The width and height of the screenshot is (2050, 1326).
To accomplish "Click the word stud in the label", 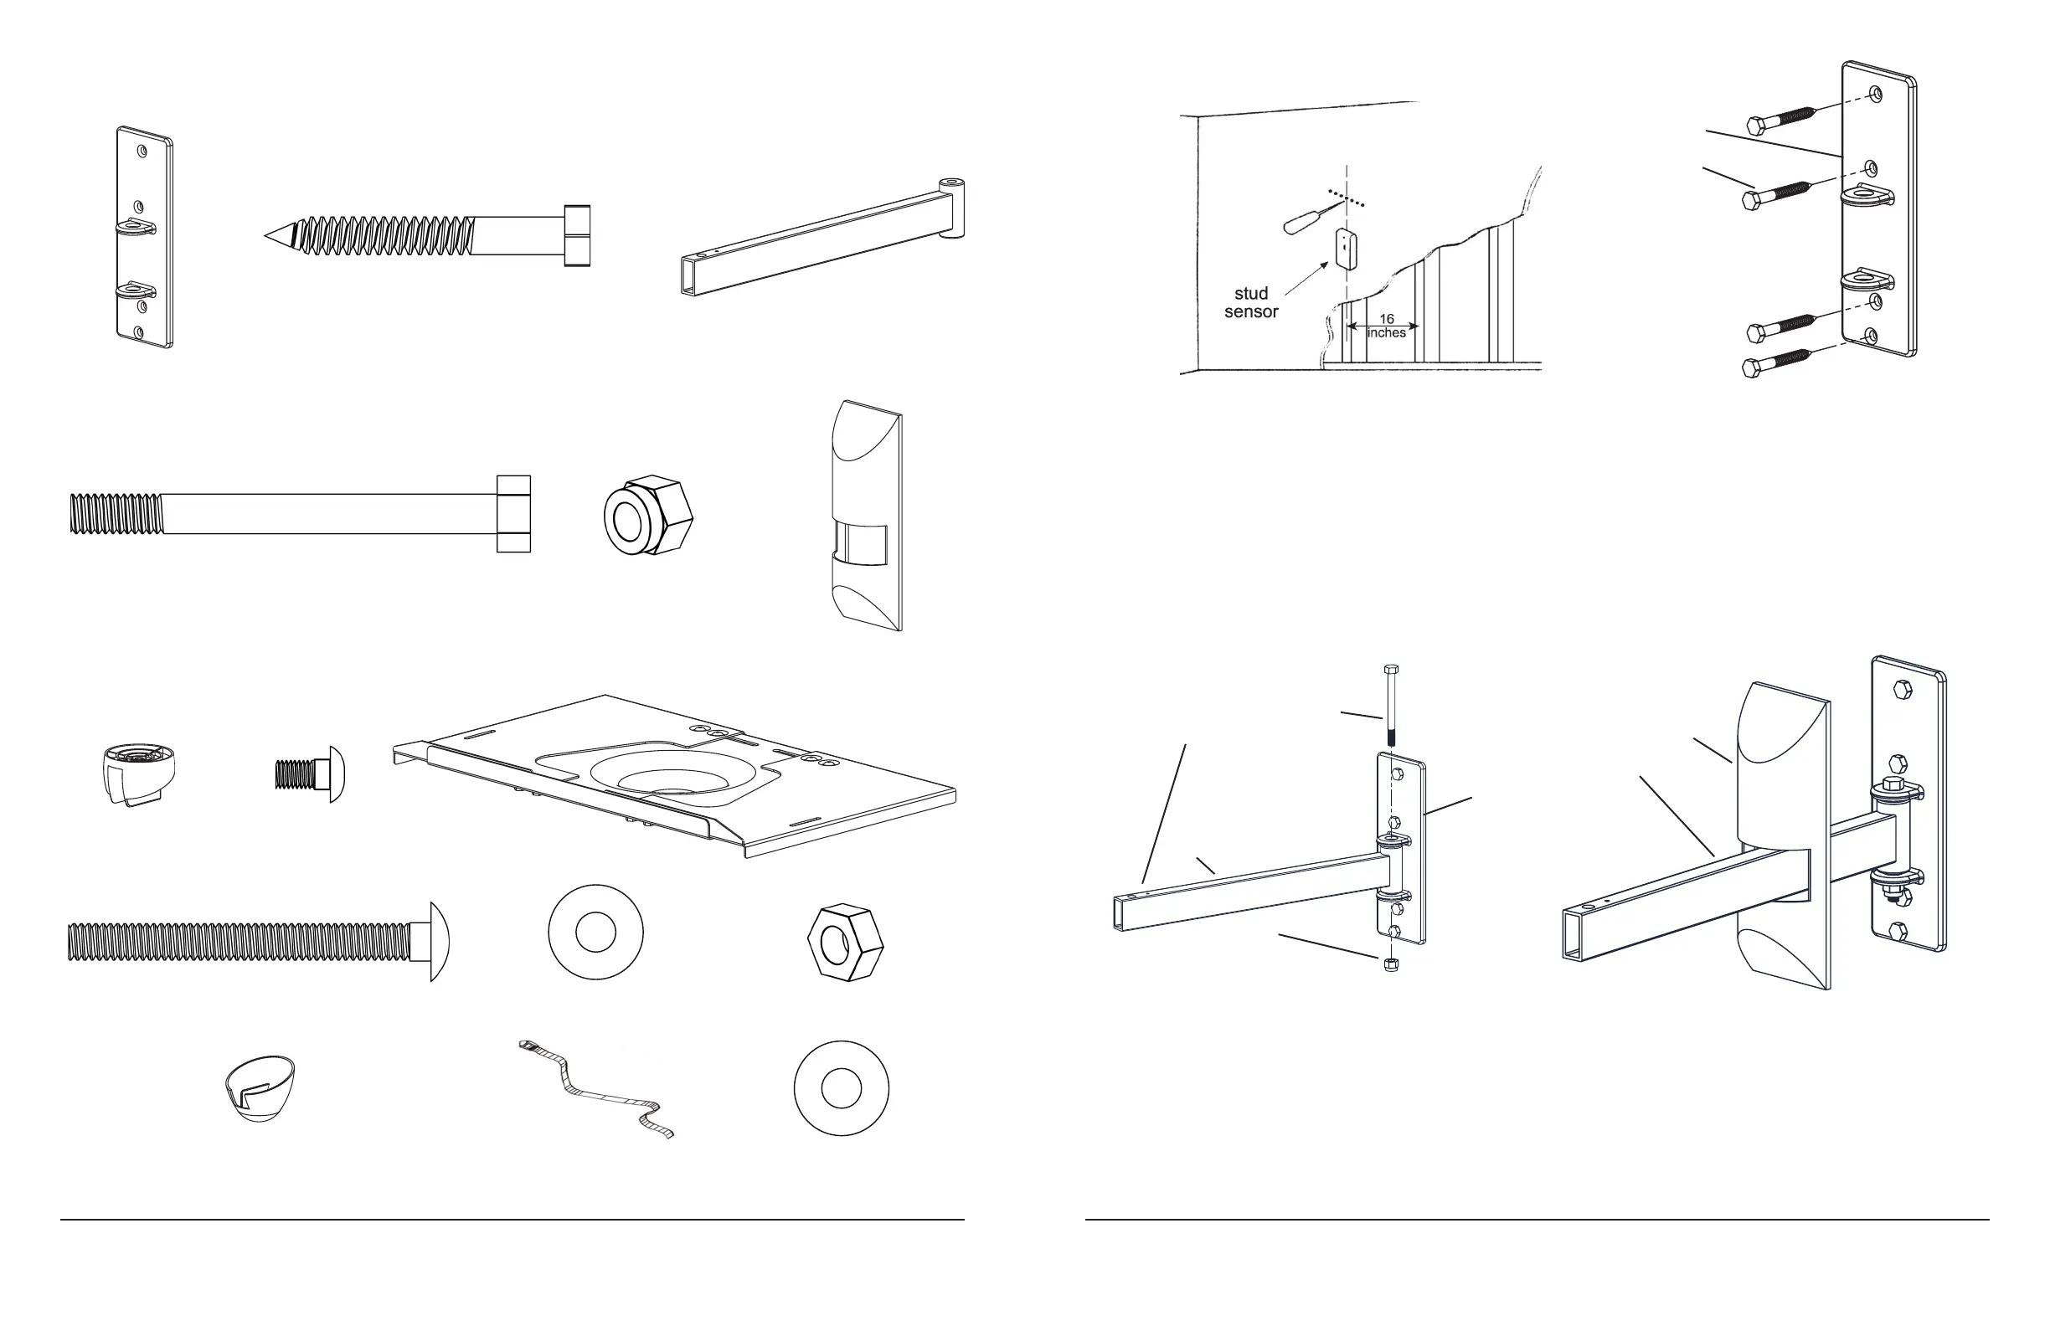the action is (1250, 294).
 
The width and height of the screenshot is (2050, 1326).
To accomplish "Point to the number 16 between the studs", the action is (1386, 320).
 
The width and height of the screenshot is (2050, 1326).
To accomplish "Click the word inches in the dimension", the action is (1386, 333).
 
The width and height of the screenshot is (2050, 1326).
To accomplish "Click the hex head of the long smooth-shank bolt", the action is (513, 513).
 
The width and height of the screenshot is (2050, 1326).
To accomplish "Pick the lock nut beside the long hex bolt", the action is (647, 515).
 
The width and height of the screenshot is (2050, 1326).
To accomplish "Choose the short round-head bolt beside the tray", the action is (310, 773).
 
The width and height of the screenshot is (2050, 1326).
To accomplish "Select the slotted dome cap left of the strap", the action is (259, 1087).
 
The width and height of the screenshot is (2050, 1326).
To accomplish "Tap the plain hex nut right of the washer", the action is (845, 942).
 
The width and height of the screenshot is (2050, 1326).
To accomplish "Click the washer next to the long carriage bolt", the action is (595, 933).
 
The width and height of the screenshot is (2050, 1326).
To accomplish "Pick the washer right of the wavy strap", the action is (841, 1088).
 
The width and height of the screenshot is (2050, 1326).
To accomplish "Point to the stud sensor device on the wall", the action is (1346, 249).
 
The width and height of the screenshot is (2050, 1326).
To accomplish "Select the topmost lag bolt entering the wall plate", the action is (1783, 119).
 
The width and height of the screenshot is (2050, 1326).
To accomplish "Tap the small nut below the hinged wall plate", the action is (1390, 964).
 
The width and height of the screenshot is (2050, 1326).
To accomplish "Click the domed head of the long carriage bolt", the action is (440, 941).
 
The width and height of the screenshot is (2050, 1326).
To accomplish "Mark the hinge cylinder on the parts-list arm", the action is (952, 208).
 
